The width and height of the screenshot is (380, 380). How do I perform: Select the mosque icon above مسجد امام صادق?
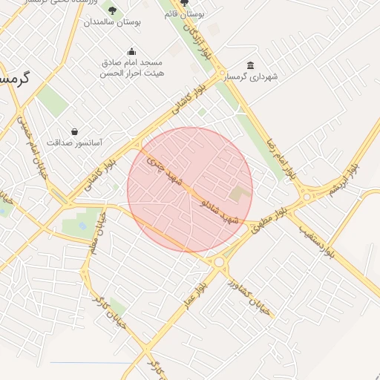[132, 51]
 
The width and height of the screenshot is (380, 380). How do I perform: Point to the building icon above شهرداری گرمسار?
[250, 65]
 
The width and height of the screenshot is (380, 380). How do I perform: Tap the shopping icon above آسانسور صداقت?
[74, 131]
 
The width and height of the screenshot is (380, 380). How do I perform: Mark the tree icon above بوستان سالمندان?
[112, 10]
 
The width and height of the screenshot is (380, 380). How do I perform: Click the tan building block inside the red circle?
[240, 194]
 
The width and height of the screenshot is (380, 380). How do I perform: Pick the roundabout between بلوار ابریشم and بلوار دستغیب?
[306, 197]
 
